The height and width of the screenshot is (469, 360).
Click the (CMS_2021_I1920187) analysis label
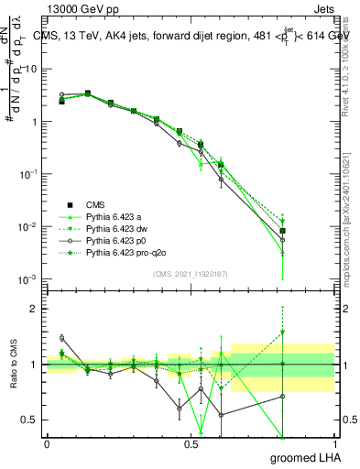(190, 272)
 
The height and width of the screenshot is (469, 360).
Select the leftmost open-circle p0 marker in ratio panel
(61, 338)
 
